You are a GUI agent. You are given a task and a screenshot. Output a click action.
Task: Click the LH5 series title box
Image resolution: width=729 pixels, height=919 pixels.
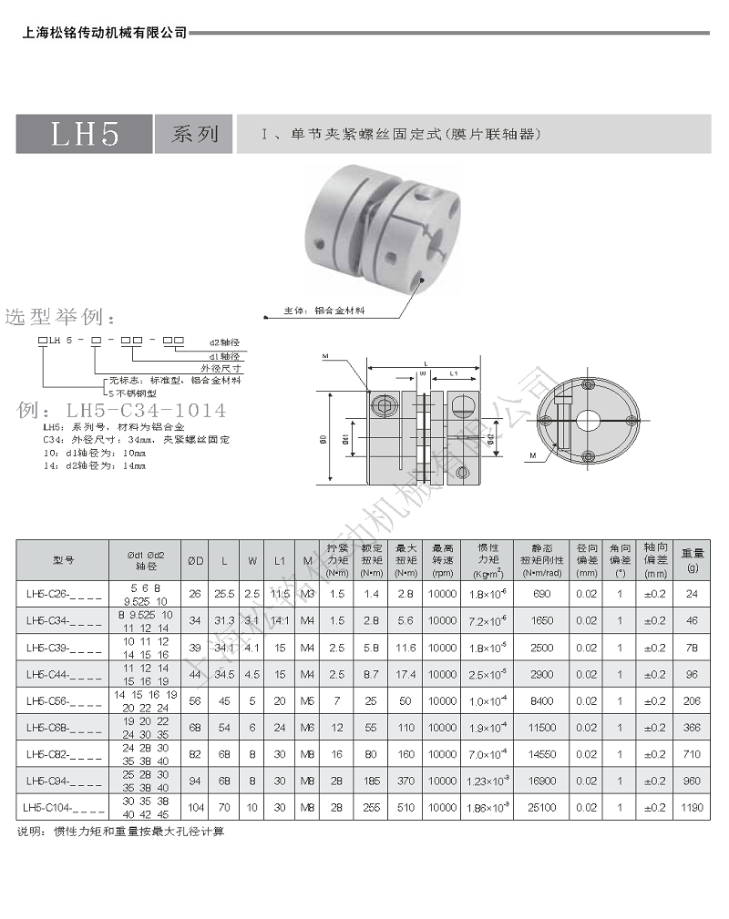pyautogui.click(x=85, y=134)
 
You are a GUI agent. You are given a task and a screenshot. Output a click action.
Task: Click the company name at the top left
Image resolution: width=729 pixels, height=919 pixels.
pyautogui.click(x=103, y=33)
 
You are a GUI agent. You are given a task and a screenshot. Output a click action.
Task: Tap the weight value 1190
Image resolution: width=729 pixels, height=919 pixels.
pyautogui.click(x=693, y=807)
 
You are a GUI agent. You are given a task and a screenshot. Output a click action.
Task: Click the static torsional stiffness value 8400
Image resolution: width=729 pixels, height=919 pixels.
pyautogui.click(x=542, y=700)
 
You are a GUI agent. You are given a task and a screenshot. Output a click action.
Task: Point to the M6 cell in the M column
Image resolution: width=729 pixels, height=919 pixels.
pyautogui.click(x=307, y=728)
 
